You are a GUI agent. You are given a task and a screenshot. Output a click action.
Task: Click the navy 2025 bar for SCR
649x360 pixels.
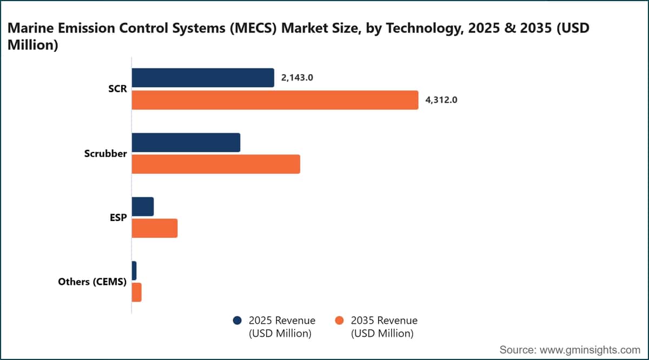click(x=203, y=78)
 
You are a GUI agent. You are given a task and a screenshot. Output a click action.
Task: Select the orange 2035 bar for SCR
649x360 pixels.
click(x=275, y=100)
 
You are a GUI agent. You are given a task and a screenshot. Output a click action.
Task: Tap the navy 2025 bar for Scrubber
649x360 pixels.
click(x=186, y=143)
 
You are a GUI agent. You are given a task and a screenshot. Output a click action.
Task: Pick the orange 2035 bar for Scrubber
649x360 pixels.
click(x=216, y=164)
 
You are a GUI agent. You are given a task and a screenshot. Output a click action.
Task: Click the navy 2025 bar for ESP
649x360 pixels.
click(x=143, y=206)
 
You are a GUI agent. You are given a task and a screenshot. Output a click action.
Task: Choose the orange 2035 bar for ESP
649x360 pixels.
click(x=155, y=228)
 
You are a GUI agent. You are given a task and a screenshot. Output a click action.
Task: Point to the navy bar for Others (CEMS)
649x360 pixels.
click(x=134, y=271)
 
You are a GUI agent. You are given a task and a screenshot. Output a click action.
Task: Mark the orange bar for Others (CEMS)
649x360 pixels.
click(x=136, y=292)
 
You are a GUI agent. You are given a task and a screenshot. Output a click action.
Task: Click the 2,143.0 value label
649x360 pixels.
click(x=297, y=78)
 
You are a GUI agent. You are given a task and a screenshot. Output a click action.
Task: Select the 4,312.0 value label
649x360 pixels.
click(x=441, y=100)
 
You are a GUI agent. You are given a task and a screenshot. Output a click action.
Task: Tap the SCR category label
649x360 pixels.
click(x=117, y=89)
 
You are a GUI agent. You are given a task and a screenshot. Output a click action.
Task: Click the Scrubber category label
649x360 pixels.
click(x=105, y=154)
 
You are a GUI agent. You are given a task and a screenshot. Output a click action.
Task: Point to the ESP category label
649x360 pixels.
click(x=118, y=217)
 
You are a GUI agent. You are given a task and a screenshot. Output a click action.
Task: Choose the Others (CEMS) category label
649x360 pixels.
click(x=92, y=282)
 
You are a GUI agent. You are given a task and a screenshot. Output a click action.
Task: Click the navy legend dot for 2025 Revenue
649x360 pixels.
click(x=237, y=321)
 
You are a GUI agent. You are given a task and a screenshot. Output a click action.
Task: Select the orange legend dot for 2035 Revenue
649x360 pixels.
click(x=339, y=321)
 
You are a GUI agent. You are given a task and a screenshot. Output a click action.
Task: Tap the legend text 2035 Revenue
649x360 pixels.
click(x=384, y=321)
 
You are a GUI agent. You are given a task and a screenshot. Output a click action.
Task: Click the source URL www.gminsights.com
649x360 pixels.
click(x=590, y=350)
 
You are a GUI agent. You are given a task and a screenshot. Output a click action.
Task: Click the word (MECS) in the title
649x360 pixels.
click(x=254, y=28)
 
